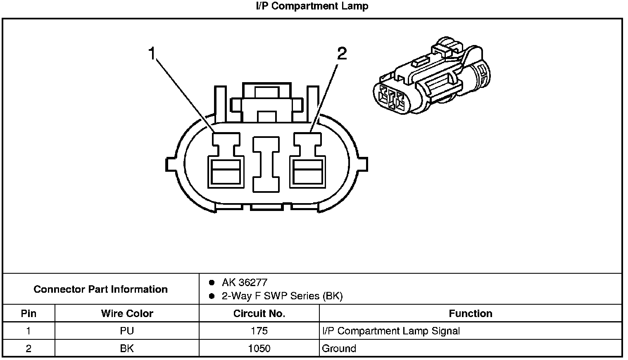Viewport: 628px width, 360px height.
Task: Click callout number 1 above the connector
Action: [x=152, y=54]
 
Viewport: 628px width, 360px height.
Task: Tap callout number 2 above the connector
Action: [x=342, y=54]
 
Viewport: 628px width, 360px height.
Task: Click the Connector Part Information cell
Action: [x=101, y=289]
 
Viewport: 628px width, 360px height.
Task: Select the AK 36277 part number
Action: [x=245, y=282]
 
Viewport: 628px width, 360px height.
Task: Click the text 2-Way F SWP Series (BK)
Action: [x=282, y=296]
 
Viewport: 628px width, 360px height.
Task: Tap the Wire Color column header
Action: [x=127, y=313]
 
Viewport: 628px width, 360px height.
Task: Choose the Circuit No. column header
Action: [x=259, y=313]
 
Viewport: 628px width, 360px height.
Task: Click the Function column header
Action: [x=470, y=313]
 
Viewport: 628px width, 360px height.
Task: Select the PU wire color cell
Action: [x=127, y=331]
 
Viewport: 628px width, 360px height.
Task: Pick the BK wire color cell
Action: [x=127, y=348]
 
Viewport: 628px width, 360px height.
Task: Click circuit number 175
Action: [x=259, y=331]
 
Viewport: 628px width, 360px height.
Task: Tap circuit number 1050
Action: [x=259, y=348]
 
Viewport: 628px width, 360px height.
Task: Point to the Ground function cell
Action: [x=339, y=348]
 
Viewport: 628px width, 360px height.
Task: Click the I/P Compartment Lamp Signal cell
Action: [x=390, y=331]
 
